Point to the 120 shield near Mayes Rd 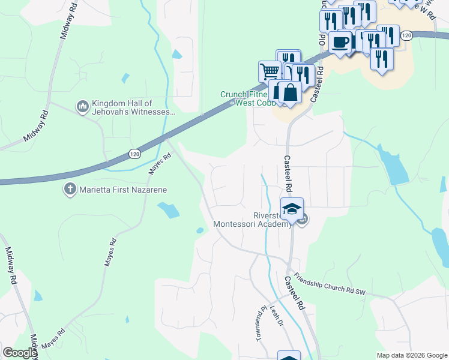(134, 155)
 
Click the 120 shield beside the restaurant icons (407, 36)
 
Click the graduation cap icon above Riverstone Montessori (292, 209)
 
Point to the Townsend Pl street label (262, 323)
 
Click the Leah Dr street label (277, 316)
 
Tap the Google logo (20, 353)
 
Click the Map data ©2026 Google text (411, 355)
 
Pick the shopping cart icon (270, 71)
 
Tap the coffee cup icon (341, 43)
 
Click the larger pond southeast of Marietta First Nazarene (169, 209)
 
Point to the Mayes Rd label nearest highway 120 (160, 163)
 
